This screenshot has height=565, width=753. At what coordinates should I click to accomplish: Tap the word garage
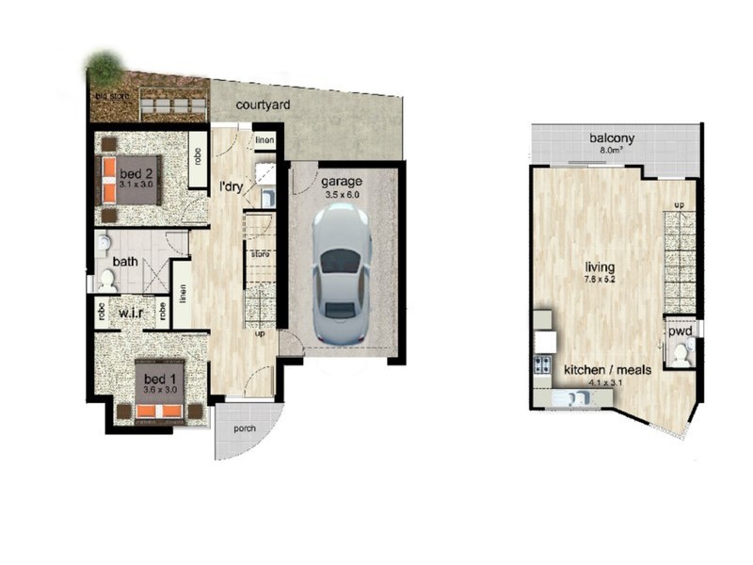point(341,181)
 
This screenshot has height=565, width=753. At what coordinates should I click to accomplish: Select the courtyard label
point(263,105)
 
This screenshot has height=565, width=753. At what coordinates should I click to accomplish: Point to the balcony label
point(612,138)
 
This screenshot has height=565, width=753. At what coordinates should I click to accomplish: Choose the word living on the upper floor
point(599,267)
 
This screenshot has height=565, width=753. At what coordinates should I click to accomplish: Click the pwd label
point(681,332)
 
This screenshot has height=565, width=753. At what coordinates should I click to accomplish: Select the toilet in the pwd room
point(680,354)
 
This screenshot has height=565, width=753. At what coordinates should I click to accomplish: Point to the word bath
point(126,261)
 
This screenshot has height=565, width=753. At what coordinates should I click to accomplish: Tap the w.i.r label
point(131,312)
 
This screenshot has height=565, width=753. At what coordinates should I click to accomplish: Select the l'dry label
point(232,186)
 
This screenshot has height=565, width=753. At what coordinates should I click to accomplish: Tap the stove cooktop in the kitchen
point(542,364)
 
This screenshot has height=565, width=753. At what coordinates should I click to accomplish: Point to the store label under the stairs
point(259,253)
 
